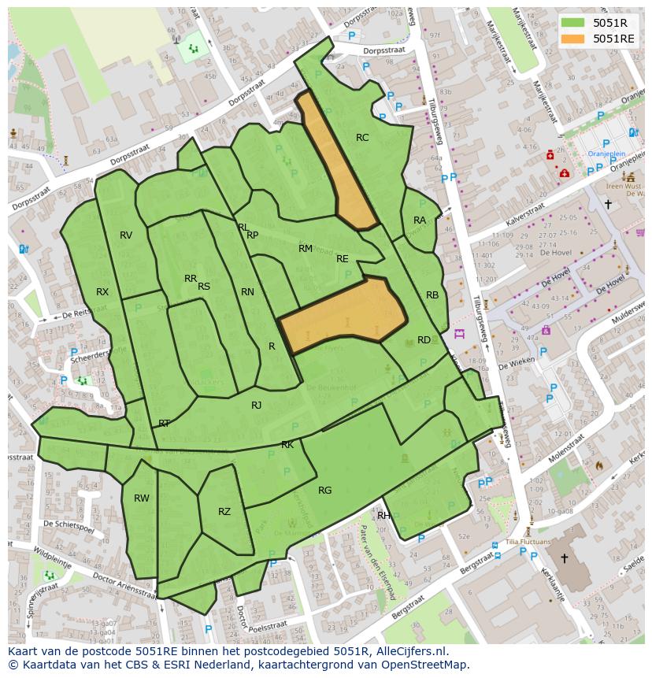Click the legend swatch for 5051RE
tap(573, 39)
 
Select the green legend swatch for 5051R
tap(573, 23)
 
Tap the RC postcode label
tap(362, 138)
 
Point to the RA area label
tap(420, 220)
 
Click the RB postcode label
tap(432, 295)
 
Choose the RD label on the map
tap(424, 340)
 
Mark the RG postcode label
tap(324, 491)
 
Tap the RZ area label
tap(224, 512)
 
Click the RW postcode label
tap(142, 498)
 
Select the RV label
tap(126, 235)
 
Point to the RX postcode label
tap(102, 292)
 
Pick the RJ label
tap(256, 406)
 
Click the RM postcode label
tap(306, 249)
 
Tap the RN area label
tap(247, 292)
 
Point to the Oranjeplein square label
tap(606, 154)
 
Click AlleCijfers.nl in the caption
tap(409, 651)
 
